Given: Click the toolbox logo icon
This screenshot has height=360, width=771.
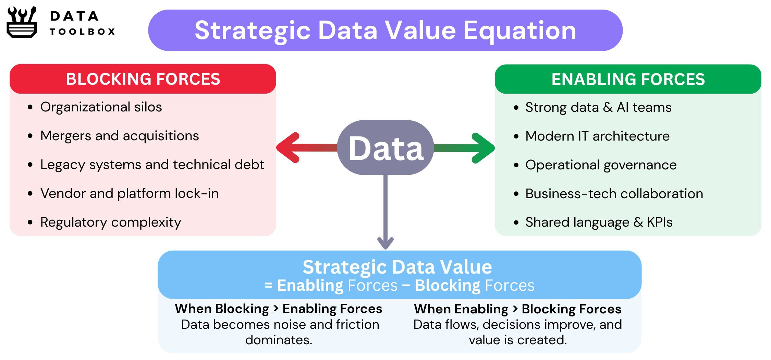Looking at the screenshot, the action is (x=22, y=22).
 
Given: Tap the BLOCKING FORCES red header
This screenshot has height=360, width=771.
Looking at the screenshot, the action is (x=143, y=79).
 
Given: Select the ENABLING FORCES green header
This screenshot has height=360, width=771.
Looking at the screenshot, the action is (x=628, y=79).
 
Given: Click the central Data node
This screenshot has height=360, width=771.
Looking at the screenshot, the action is (x=385, y=147).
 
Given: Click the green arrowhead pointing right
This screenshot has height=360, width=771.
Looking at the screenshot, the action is (x=483, y=148).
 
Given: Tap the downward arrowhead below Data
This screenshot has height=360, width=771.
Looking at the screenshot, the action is (x=385, y=243).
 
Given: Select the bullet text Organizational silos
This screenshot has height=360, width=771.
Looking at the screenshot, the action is (x=101, y=107).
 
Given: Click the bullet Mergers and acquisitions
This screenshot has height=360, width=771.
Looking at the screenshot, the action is (x=120, y=136).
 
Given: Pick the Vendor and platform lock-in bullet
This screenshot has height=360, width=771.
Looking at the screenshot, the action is (x=130, y=193).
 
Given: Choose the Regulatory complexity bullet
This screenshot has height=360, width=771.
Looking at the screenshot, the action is (x=111, y=223).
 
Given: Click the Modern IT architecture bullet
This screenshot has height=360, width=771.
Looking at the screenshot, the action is (x=598, y=136).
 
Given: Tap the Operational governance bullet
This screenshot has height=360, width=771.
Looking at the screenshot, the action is (x=601, y=165).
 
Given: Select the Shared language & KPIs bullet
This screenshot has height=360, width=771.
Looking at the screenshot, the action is (x=599, y=222).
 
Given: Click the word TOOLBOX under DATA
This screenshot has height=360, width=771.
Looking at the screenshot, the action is (x=82, y=32).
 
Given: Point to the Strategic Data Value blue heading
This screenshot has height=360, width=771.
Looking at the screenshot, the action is (x=397, y=267).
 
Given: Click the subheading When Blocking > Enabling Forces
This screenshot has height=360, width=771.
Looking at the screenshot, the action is (x=279, y=309).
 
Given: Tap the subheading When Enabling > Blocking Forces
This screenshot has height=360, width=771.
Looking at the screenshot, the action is (x=518, y=309).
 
